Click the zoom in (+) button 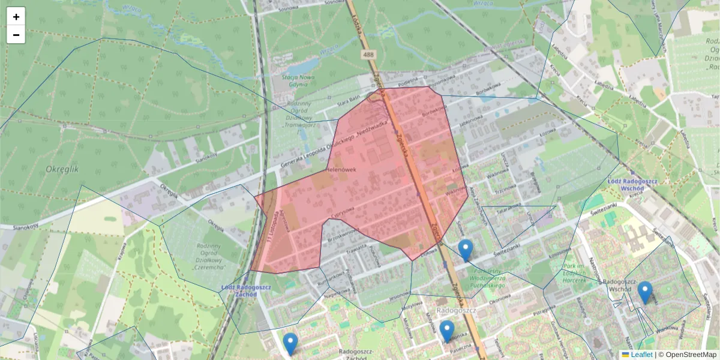tap(16, 17)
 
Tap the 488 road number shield tap(368, 55)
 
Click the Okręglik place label tap(62, 170)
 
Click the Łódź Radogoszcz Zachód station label tap(246, 291)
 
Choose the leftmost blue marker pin tap(290, 344)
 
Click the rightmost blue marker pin tap(645, 292)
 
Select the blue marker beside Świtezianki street tap(466, 250)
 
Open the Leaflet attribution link tap(641, 355)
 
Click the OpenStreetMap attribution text tap(690, 355)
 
